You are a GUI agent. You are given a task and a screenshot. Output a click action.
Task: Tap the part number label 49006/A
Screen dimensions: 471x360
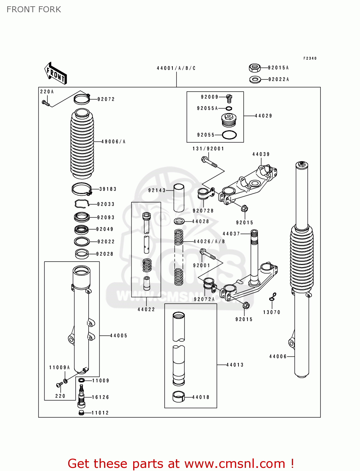click(x=113, y=142)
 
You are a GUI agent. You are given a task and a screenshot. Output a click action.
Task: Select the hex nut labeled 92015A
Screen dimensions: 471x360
click(x=254, y=68)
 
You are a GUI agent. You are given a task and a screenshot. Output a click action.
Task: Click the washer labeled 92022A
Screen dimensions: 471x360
click(x=255, y=79)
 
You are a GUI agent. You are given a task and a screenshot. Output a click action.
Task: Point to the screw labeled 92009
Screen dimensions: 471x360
click(x=229, y=98)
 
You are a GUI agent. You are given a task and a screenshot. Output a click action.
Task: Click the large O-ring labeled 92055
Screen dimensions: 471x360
click(x=229, y=135)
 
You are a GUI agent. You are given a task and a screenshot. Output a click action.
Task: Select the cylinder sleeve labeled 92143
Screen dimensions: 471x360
click(x=179, y=198)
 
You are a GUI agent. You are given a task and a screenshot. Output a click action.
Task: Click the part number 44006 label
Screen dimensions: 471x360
click(x=278, y=356)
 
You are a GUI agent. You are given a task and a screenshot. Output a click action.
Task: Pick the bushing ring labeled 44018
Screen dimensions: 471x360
click(x=179, y=397)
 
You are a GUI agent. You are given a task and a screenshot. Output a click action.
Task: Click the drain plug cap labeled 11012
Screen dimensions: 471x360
click(x=82, y=413)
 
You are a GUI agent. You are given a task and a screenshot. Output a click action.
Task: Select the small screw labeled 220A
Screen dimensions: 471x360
click(x=46, y=103)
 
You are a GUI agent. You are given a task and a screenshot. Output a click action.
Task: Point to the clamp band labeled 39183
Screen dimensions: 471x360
click(x=82, y=189)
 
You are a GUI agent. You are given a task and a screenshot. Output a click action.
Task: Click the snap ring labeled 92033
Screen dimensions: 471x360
click(x=82, y=204)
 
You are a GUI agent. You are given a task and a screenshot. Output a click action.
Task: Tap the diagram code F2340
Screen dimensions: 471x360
click(x=310, y=58)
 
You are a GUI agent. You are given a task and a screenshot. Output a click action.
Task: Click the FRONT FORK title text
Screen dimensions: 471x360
click(x=34, y=9)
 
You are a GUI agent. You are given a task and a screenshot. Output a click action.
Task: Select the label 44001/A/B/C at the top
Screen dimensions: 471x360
click(x=176, y=68)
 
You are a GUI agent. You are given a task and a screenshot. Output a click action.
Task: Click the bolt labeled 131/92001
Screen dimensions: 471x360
click(x=209, y=162)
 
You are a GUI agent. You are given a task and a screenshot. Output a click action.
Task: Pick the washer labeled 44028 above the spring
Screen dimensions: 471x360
click(x=179, y=221)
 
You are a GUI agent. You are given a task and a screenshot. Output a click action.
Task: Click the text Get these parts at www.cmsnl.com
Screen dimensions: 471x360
click(x=181, y=463)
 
